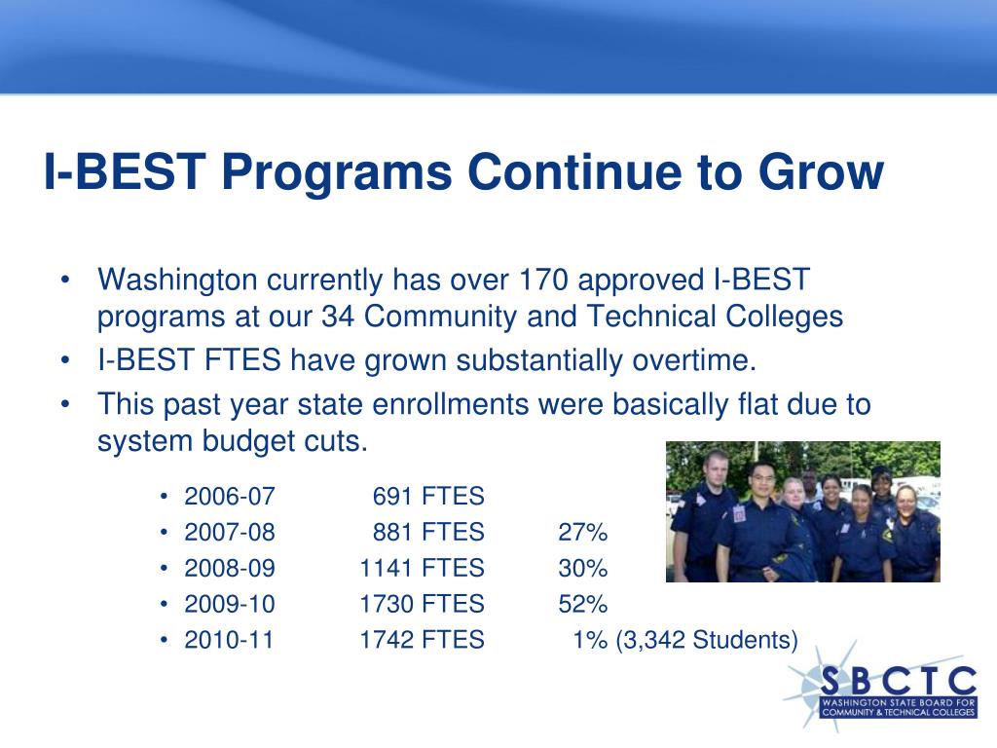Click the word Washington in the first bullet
pos(177,280)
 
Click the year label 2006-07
pos(230,496)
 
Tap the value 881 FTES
pos(428,532)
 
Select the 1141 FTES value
pos(423,568)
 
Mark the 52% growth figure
pos(583,604)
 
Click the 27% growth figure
pos(583,532)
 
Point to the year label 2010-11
pos(229,640)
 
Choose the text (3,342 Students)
pos(707,640)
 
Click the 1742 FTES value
pos(423,640)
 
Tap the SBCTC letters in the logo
pos(899,681)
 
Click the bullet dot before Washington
pos(65,280)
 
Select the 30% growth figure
pos(583,568)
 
